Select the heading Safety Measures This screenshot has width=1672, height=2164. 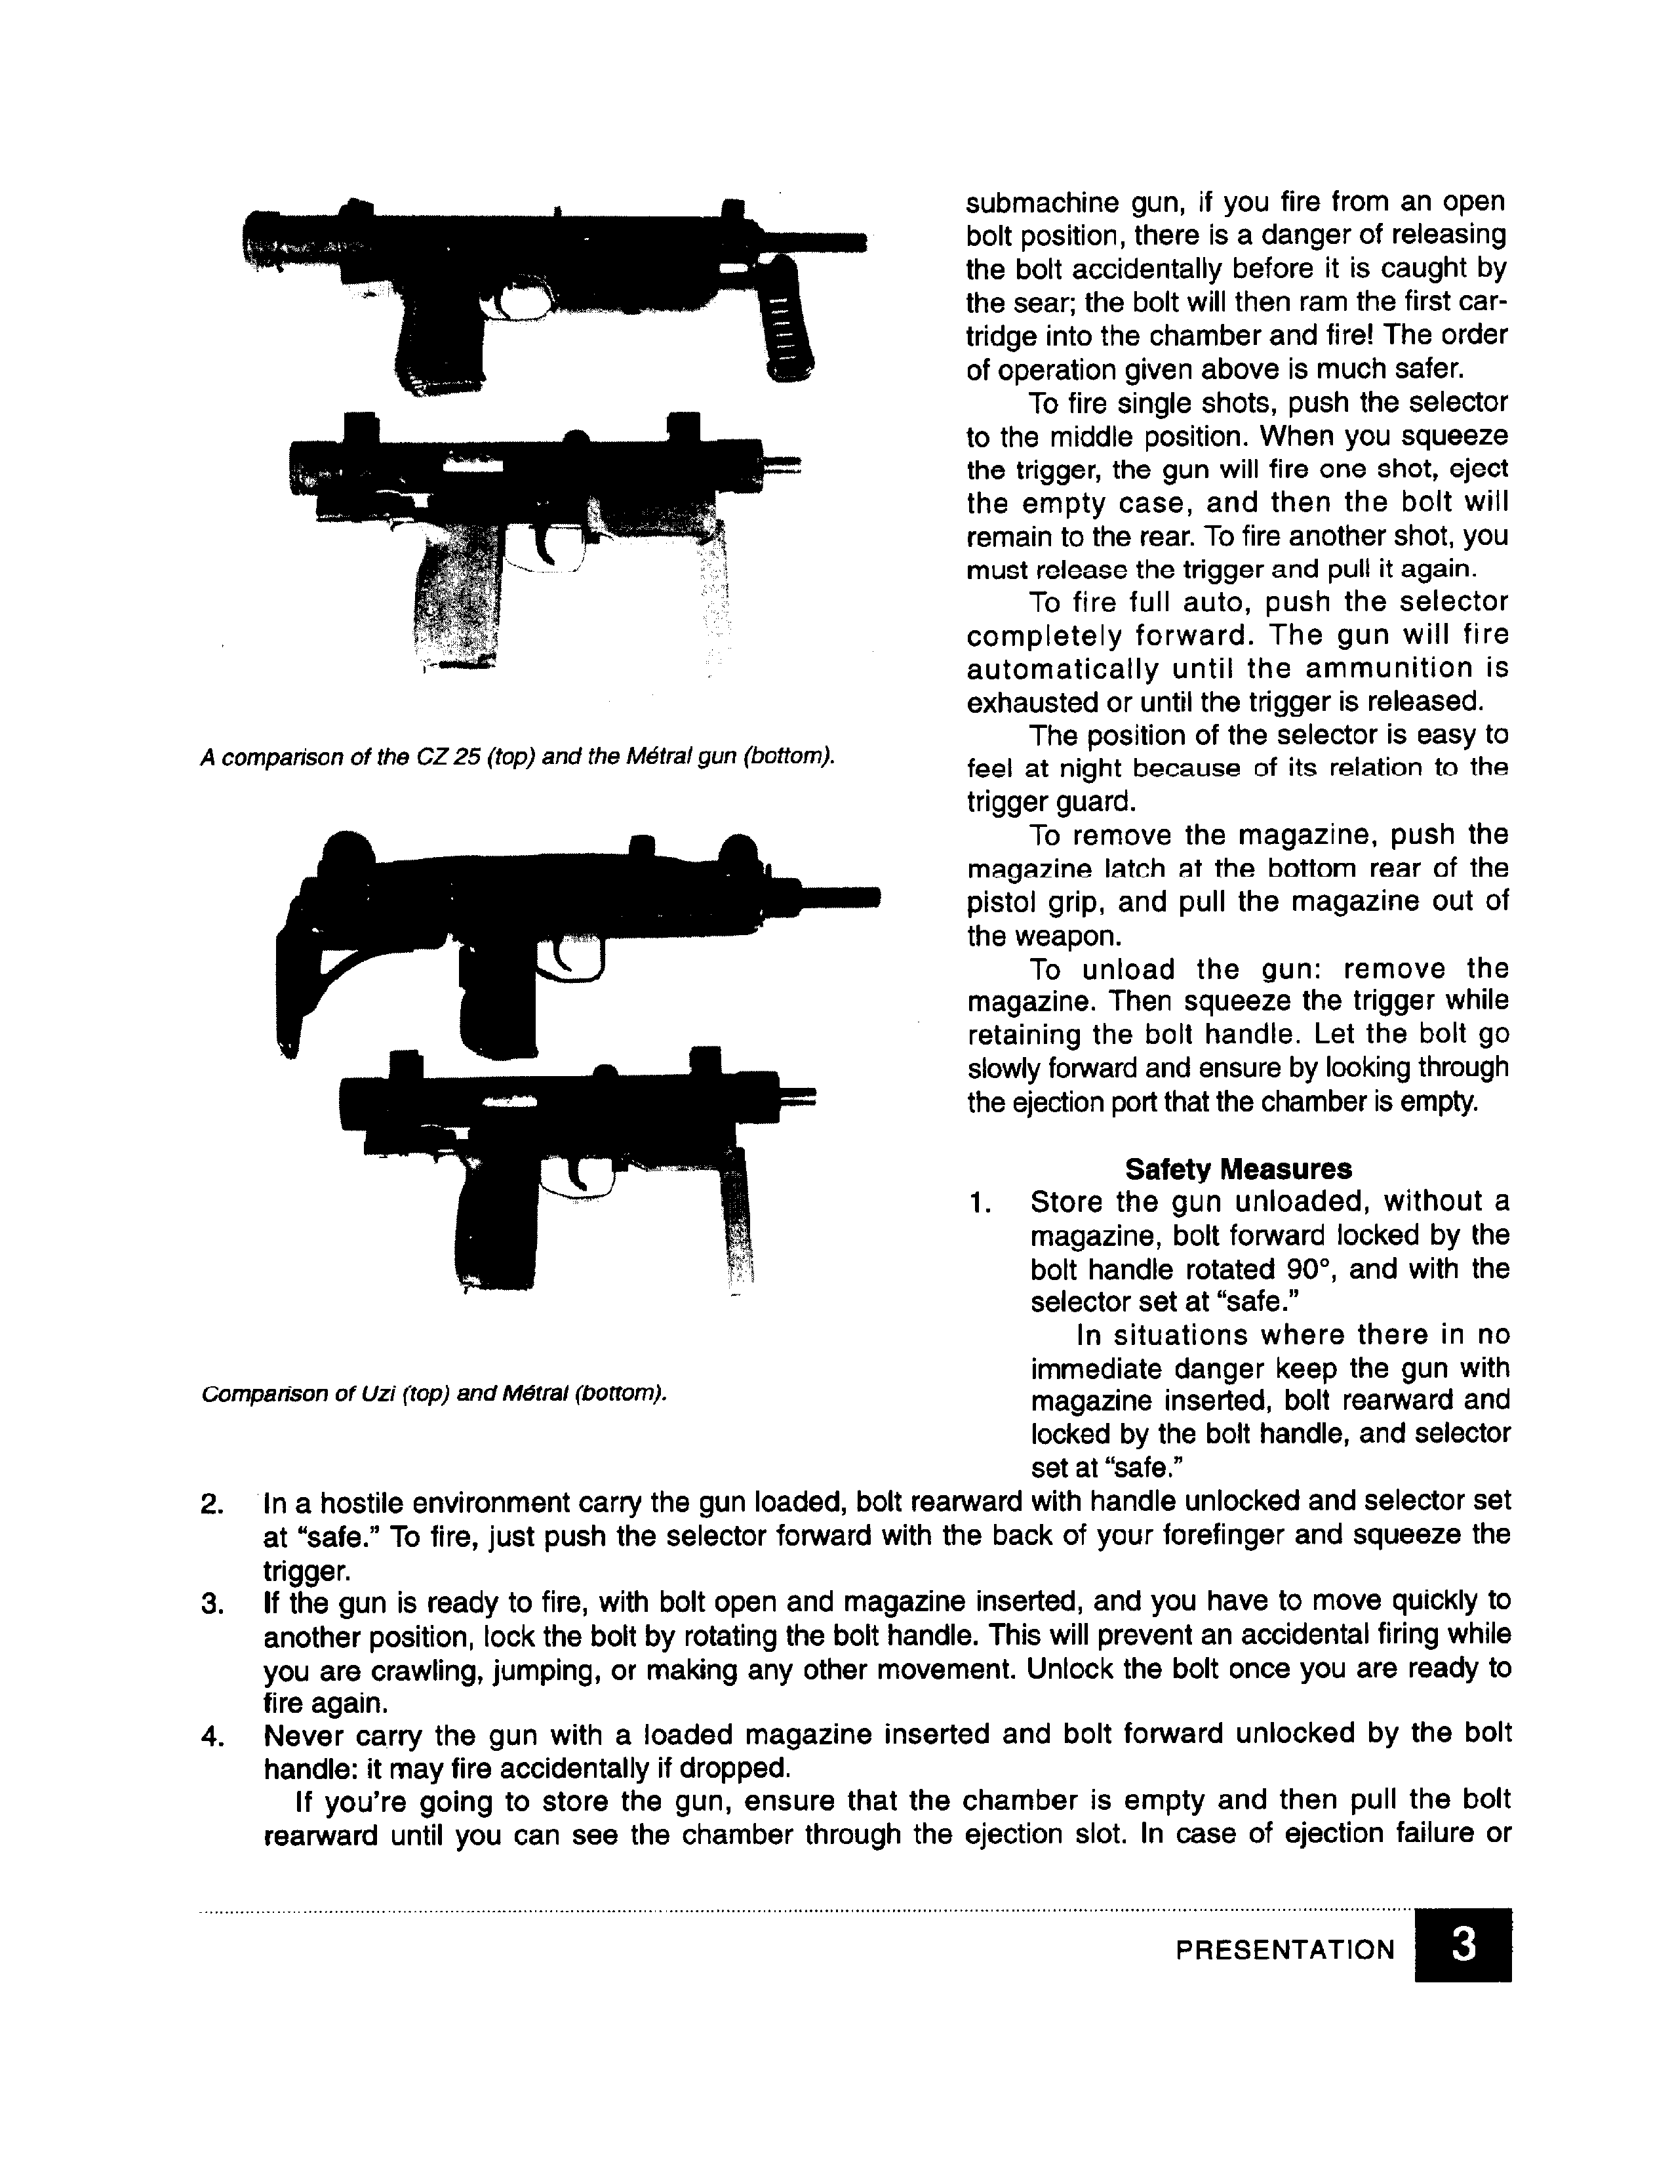(1237, 1169)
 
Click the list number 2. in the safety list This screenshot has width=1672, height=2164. (212, 1503)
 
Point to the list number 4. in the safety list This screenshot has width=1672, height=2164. (212, 1736)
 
